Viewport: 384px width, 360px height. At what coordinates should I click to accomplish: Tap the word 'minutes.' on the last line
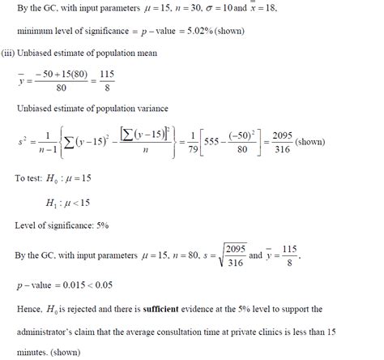pyautogui.click(x=33, y=353)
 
